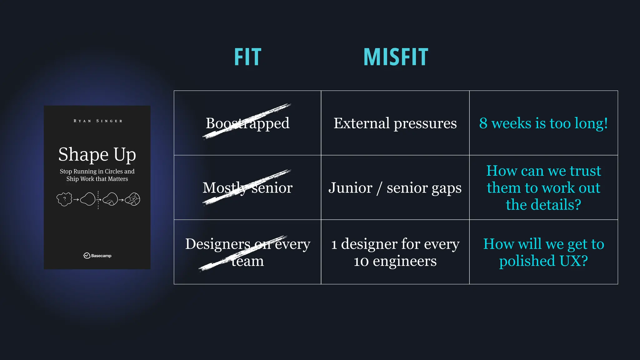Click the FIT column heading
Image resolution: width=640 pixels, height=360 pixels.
click(247, 57)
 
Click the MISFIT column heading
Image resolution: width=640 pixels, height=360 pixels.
click(396, 57)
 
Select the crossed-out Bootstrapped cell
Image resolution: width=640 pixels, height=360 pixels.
click(247, 123)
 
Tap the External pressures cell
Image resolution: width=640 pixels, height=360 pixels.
click(395, 123)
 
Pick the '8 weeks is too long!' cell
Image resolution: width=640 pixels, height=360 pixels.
click(543, 123)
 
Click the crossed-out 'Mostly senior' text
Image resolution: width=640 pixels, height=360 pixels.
click(247, 187)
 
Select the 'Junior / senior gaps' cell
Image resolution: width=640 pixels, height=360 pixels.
click(395, 187)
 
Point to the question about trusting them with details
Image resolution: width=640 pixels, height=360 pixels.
click(543, 187)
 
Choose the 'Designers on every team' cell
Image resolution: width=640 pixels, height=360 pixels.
click(247, 252)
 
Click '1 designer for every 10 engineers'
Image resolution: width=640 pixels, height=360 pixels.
click(395, 252)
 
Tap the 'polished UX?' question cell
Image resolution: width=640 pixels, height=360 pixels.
click(543, 252)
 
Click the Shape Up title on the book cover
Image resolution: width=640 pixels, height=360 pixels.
click(97, 154)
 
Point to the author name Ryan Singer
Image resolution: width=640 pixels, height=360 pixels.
click(98, 121)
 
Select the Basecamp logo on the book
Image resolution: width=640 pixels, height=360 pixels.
click(97, 256)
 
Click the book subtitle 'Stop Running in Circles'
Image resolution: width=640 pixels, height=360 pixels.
click(97, 171)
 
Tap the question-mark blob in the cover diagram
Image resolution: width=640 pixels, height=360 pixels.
click(64, 199)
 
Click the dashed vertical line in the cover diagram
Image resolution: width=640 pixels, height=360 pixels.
click(98, 200)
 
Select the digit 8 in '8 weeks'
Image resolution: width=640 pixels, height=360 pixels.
click(483, 123)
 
